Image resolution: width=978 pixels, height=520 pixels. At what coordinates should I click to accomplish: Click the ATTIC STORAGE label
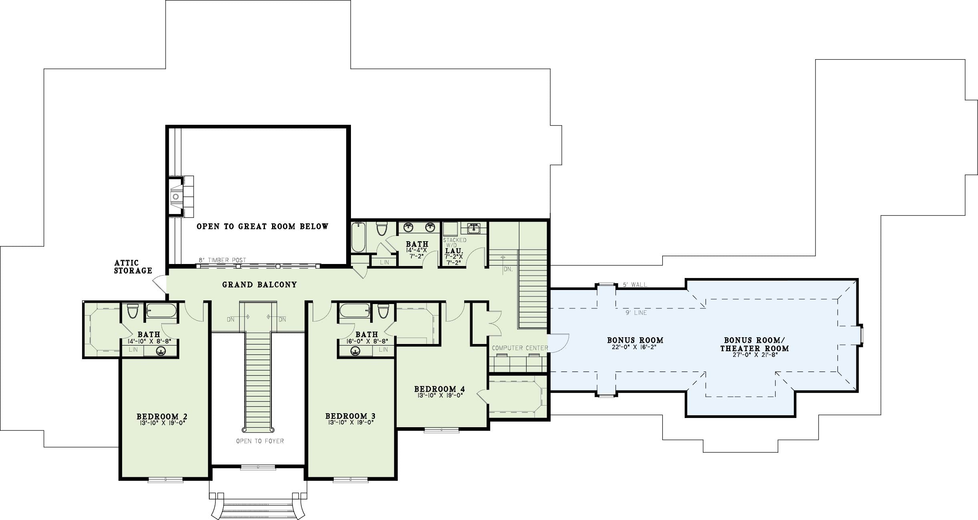pyautogui.click(x=133, y=267)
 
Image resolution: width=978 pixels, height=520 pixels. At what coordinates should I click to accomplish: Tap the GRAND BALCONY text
pyautogui.click(x=260, y=285)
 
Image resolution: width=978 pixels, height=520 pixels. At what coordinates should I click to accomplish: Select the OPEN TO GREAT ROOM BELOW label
pyautogui.click(x=263, y=226)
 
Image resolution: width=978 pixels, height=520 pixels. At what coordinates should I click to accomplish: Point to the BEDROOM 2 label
pyautogui.click(x=162, y=416)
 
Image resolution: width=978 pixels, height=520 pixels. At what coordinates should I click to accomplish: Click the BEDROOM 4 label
pyautogui.click(x=439, y=389)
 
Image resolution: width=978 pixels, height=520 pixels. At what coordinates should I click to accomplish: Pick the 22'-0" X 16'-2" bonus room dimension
pyautogui.click(x=635, y=347)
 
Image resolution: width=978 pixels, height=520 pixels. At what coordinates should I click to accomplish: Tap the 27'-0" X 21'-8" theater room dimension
pyautogui.click(x=754, y=354)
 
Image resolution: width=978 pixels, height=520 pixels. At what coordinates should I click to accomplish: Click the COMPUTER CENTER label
pyautogui.click(x=520, y=348)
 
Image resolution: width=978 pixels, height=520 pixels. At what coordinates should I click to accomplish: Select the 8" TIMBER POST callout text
pyautogui.click(x=222, y=260)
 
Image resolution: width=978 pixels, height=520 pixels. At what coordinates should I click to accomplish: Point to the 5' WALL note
pyautogui.click(x=635, y=285)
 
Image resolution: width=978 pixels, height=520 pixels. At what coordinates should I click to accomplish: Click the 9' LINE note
pyautogui.click(x=636, y=313)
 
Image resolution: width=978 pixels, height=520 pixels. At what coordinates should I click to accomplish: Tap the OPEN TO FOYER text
pyautogui.click(x=260, y=441)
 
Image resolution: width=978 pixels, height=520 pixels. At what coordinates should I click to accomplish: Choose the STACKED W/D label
pyautogui.click(x=455, y=243)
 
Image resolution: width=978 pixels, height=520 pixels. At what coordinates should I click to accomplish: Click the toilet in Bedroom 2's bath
pyautogui.click(x=132, y=311)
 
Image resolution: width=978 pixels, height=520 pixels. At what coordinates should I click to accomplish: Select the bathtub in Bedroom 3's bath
pyautogui.click(x=355, y=310)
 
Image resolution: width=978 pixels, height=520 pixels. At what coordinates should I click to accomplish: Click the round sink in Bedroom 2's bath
pyautogui.click(x=161, y=351)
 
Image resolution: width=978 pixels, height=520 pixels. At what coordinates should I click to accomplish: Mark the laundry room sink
pyautogui.click(x=474, y=228)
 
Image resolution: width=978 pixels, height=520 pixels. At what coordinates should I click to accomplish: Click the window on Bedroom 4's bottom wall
pyautogui.click(x=442, y=430)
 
